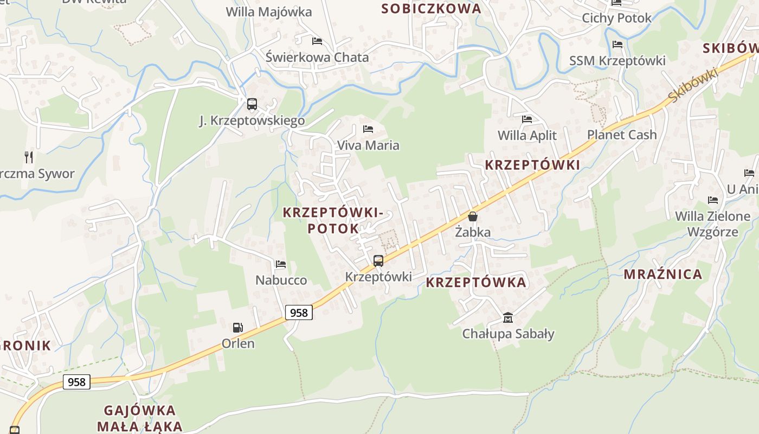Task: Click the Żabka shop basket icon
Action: (x=473, y=216)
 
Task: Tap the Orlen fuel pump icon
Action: (x=237, y=328)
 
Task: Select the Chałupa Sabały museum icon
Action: (x=508, y=317)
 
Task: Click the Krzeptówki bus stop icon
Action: (x=378, y=261)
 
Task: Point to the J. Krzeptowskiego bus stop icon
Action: (x=252, y=104)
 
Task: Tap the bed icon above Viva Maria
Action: (x=368, y=129)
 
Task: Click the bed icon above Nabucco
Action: (x=281, y=264)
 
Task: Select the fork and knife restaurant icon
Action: (x=29, y=157)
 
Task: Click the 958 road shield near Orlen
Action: (x=299, y=312)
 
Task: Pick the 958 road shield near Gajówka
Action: (x=76, y=382)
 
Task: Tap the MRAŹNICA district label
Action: (x=662, y=274)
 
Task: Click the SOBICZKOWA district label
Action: (x=431, y=9)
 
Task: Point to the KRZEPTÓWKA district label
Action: (x=476, y=282)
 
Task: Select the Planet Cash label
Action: (x=622, y=135)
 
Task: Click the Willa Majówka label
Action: (x=269, y=12)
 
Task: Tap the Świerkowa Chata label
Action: (x=317, y=57)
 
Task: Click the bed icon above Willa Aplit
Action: (x=527, y=119)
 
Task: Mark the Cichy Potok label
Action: (x=616, y=18)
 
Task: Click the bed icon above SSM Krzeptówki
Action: (x=617, y=44)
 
